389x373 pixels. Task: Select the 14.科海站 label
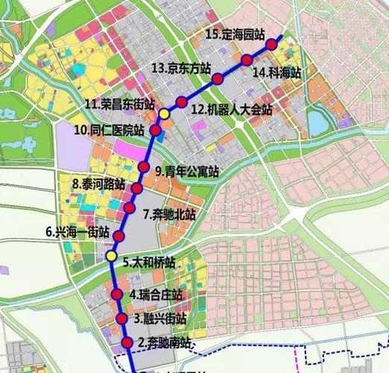click(x=276, y=72)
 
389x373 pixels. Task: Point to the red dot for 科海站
click(x=247, y=60)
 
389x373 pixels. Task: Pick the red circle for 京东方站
click(x=218, y=79)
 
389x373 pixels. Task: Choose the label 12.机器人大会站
click(x=231, y=109)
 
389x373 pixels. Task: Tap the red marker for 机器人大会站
click(x=181, y=101)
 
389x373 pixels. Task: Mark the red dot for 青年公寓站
click(x=143, y=166)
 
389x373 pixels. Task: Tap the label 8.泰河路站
click(x=98, y=184)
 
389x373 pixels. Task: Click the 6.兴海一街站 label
click(x=77, y=232)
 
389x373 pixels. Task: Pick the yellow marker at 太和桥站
click(x=111, y=257)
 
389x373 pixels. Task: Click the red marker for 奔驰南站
click(x=126, y=343)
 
